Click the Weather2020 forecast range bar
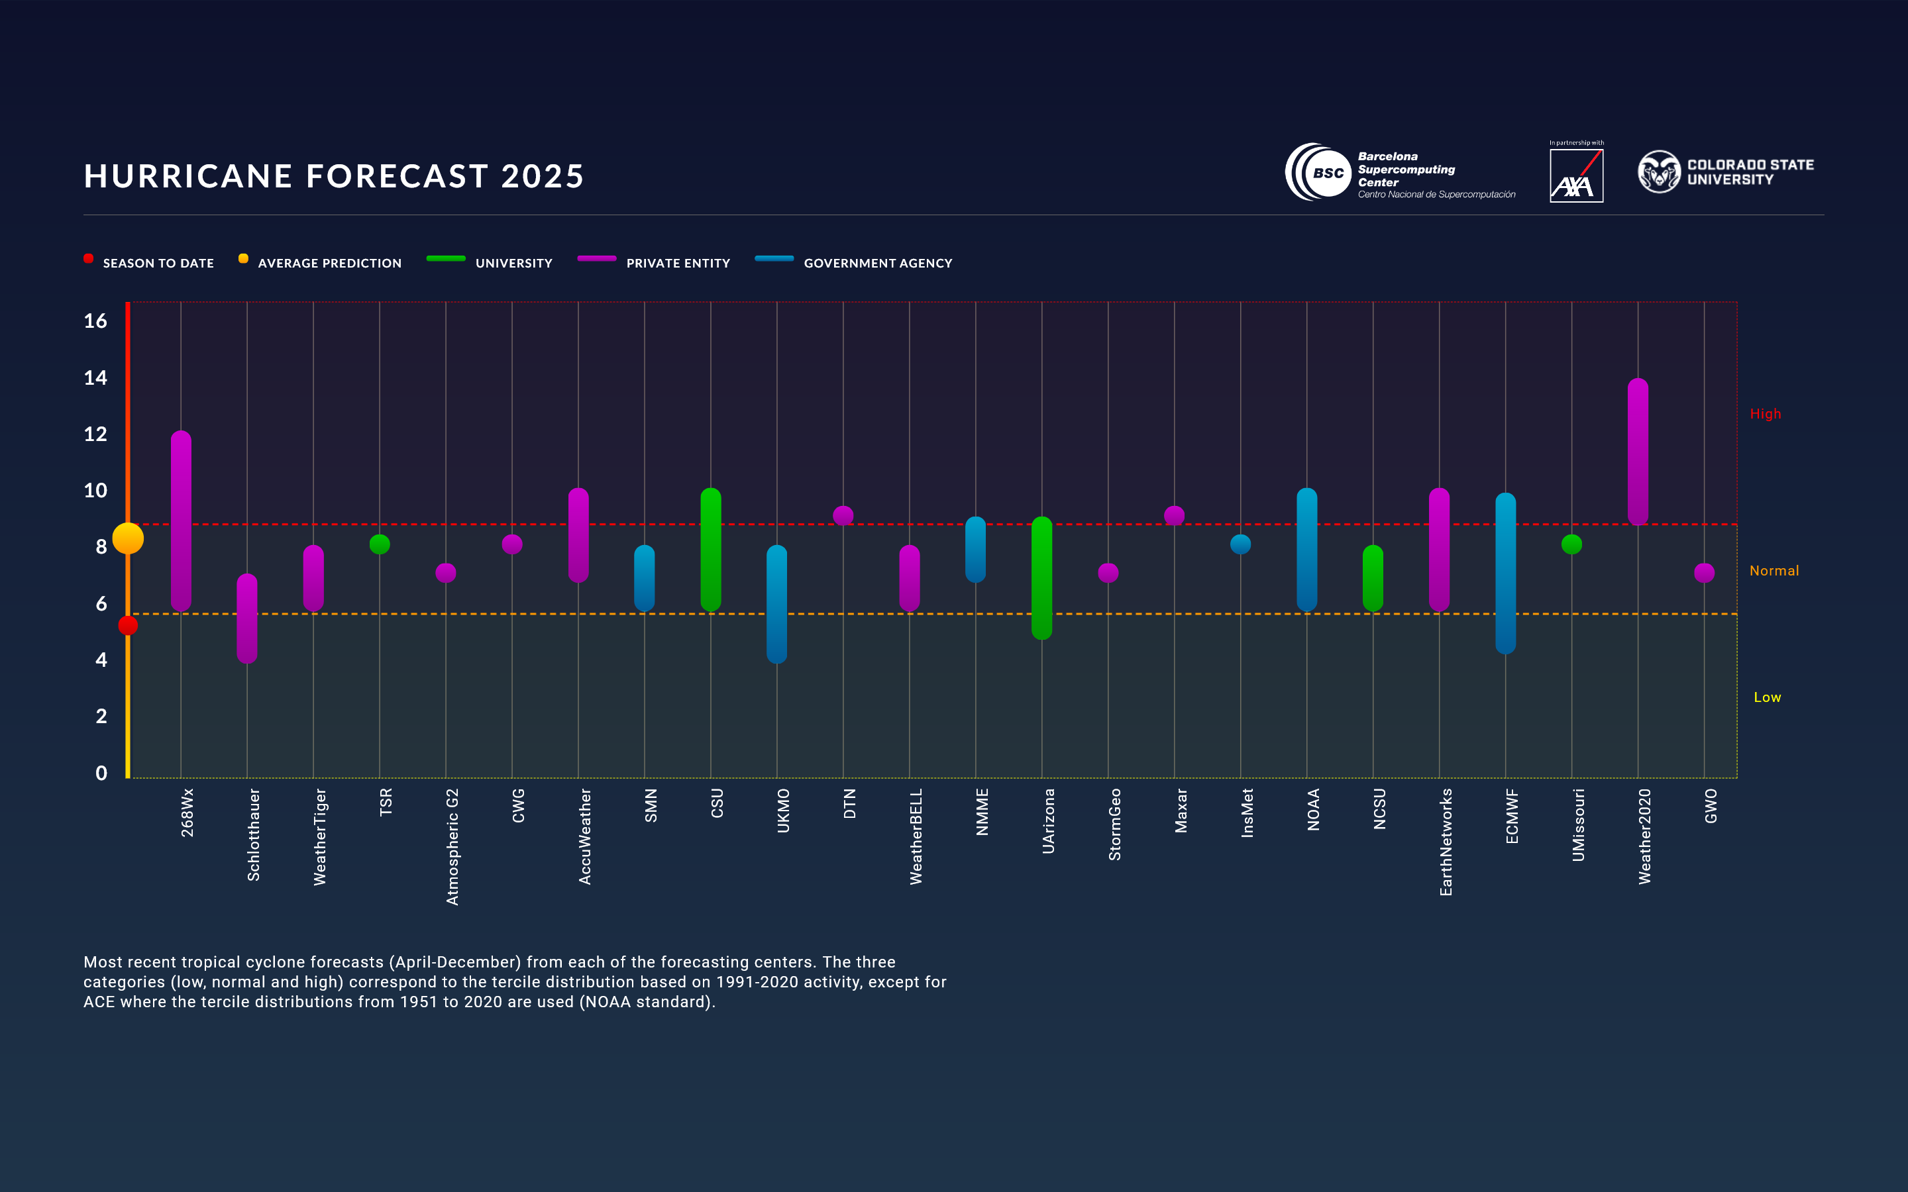tap(1638, 452)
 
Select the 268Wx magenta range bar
tap(181, 521)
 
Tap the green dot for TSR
tap(379, 544)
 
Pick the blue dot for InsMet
tap(1240, 544)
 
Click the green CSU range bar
tap(710, 550)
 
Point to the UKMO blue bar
tap(776, 604)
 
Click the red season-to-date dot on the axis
tap(128, 625)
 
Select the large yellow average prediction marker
tap(128, 538)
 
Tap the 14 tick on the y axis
tap(95, 377)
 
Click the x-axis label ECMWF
tap(1511, 816)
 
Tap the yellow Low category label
tap(1767, 697)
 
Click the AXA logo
tap(1576, 175)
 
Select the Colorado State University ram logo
tap(1659, 172)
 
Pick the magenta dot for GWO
tap(1704, 572)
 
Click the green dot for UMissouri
tap(1571, 544)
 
